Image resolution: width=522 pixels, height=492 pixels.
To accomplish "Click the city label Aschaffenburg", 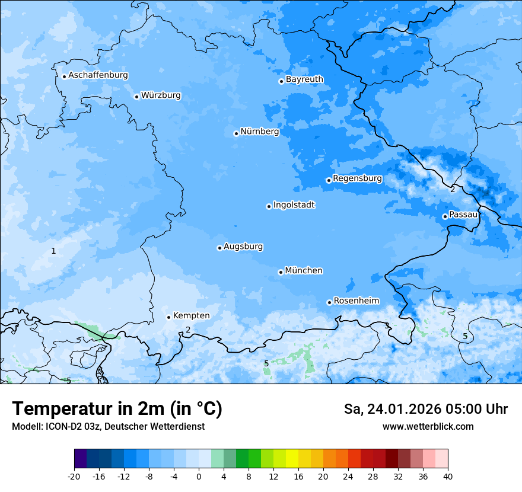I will pyautogui.click(x=98, y=75).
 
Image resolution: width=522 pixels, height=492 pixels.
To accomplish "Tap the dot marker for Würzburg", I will pyautogui.click(x=136, y=97).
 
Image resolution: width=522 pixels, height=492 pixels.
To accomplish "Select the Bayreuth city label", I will pyautogui.click(x=304, y=79).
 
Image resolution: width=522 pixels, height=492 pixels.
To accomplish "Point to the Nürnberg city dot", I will pyautogui.click(x=236, y=133).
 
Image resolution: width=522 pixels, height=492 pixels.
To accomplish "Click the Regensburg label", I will pyautogui.click(x=357, y=178).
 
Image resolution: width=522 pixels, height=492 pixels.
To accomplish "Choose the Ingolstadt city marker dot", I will pyautogui.click(x=269, y=206).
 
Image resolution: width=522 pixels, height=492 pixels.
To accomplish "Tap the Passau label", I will pyautogui.click(x=463, y=214).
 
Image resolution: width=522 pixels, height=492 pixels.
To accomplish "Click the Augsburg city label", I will pyautogui.click(x=243, y=246).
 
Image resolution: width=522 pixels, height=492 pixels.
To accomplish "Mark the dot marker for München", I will pyautogui.click(x=281, y=272).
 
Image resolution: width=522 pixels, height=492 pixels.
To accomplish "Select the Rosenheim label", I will pyautogui.click(x=356, y=301).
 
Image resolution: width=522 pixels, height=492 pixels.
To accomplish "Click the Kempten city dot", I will pyautogui.click(x=168, y=317).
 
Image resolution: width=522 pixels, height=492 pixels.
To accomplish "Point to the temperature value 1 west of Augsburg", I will pyautogui.click(x=53, y=251).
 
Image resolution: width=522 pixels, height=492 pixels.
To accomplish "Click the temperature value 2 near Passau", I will pyautogui.click(x=453, y=189).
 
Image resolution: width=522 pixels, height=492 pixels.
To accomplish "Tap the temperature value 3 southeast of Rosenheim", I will pyautogui.click(x=387, y=325).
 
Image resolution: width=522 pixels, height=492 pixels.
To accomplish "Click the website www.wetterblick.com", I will pyautogui.click(x=428, y=426).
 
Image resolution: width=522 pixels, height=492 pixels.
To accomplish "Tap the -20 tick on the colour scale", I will pyautogui.click(x=74, y=476).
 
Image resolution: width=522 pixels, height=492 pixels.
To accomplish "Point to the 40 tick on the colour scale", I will pyautogui.click(x=447, y=476).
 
